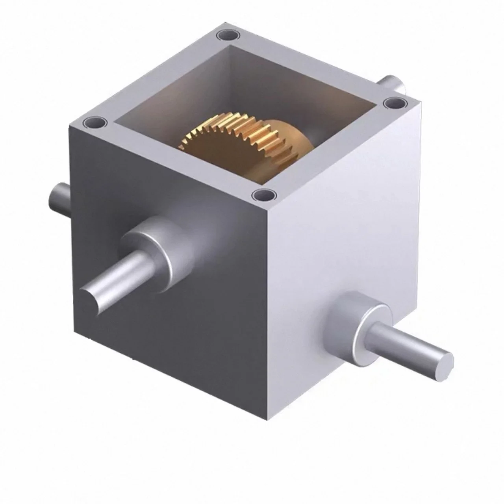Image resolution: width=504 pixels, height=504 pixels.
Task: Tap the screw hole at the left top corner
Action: click(x=95, y=122)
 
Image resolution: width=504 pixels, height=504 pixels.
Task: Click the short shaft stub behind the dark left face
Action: click(x=59, y=197)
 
